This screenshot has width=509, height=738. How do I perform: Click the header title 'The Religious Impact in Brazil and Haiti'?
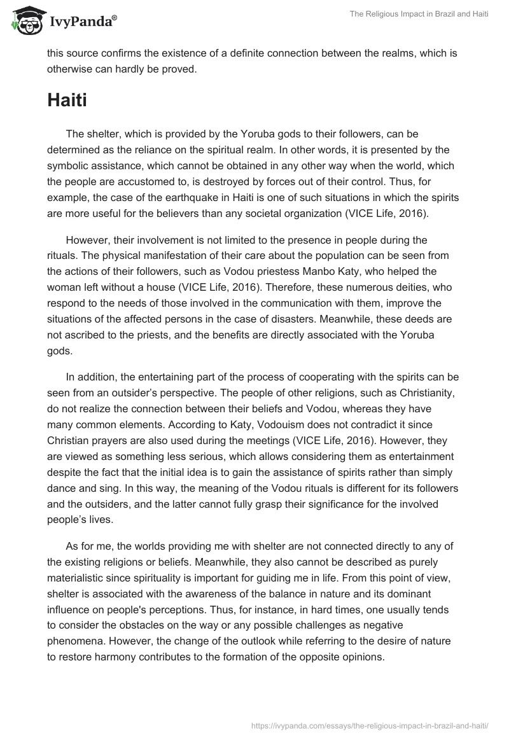[x=417, y=15]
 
